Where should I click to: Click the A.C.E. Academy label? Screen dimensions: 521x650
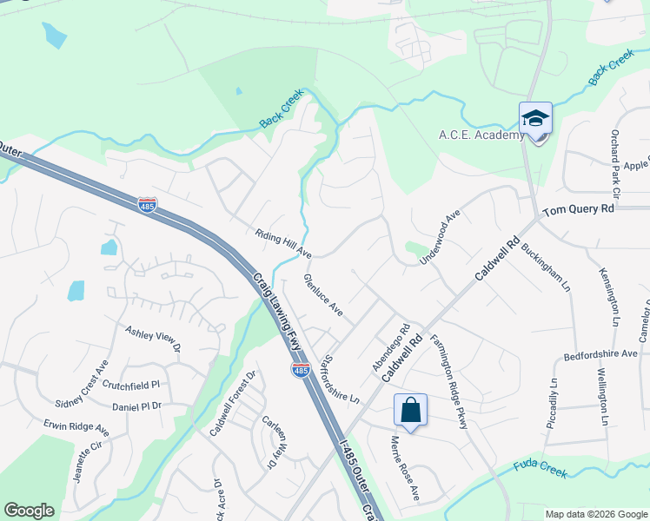(x=481, y=135)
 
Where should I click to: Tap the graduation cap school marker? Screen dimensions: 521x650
(x=535, y=120)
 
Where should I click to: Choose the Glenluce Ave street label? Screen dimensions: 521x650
(x=323, y=295)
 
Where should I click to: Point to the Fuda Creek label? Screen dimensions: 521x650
(x=540, y=470)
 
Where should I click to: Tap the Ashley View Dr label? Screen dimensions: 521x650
(x=152, y=338)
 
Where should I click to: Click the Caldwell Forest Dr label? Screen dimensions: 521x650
(x=233, y=404)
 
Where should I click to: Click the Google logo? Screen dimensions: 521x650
(x=29, y=511)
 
